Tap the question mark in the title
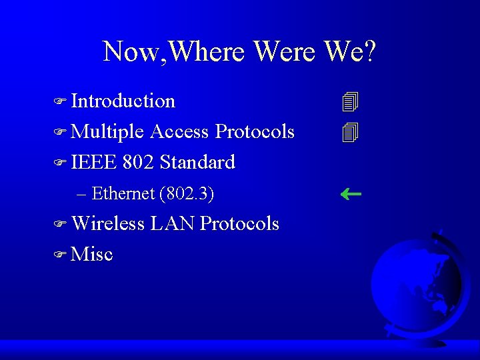[369, 51]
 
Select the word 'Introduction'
[123, 101]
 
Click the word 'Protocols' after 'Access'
[255, 132]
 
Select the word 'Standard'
[197, 163]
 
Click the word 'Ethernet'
[123, 194]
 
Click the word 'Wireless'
[108, 224]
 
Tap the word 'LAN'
[172, 224]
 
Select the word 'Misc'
[92, 255]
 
